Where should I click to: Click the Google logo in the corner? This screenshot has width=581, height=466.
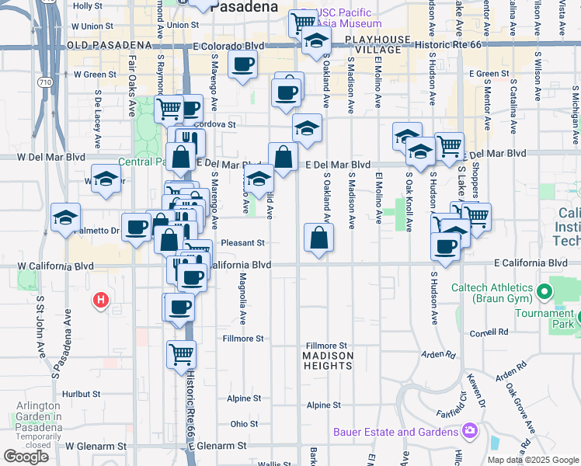26,457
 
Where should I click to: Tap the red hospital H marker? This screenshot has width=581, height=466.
99,299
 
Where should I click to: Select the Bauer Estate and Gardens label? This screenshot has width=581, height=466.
395,432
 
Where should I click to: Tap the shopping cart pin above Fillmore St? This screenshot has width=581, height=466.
181,354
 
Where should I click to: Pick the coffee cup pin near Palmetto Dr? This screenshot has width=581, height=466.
137,227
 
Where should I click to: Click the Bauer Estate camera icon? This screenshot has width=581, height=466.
469,430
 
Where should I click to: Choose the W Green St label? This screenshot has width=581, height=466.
95,75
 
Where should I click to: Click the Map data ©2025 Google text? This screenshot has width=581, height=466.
533,460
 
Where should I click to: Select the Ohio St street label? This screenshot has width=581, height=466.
243,424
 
